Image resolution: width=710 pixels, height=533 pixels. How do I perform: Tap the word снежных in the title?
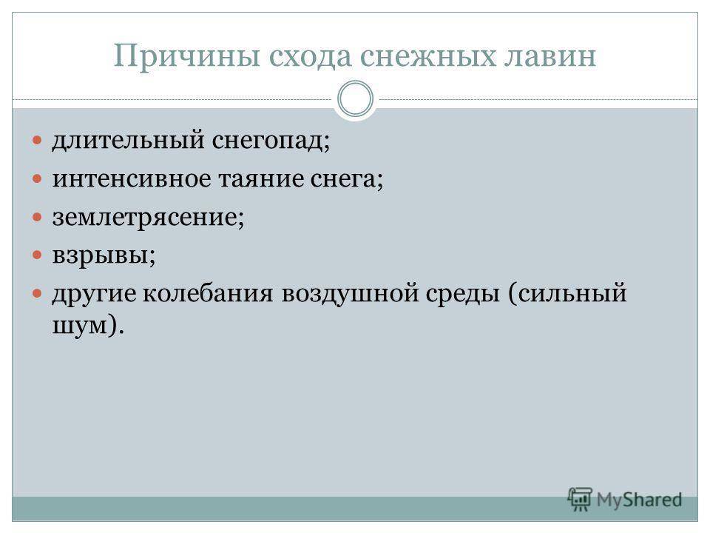[428, 56]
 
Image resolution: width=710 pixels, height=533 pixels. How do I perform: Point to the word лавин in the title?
[550, 57]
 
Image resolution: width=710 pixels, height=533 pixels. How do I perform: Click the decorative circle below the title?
[356, 82]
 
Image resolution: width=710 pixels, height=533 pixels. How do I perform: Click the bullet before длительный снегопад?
[37, 141]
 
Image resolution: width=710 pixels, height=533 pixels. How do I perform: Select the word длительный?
[128, 140]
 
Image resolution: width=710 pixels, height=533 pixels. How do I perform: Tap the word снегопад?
[271, 141]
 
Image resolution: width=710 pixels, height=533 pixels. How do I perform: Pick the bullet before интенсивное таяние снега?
[37, 178]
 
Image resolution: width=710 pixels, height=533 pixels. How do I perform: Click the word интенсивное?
[132, 178]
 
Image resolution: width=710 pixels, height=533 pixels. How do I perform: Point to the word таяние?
[261, 179]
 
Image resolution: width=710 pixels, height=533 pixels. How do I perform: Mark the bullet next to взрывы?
[37, 255]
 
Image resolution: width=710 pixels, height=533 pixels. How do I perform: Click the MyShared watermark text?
[639, 500]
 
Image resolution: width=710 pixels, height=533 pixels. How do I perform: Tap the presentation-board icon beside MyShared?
[580, 500]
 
